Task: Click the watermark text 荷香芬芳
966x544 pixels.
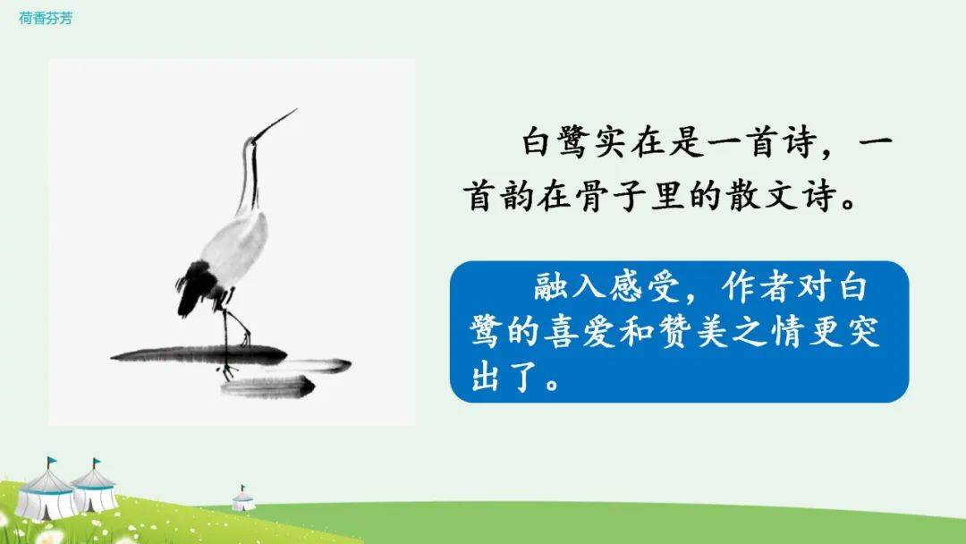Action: tap(46, 19)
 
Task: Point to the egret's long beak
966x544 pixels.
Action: tap(275, 124)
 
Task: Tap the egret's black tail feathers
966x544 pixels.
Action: tap(195, 285)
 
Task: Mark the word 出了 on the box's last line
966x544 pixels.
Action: tap(505, 377)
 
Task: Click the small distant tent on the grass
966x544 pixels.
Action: tap(243, 498)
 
